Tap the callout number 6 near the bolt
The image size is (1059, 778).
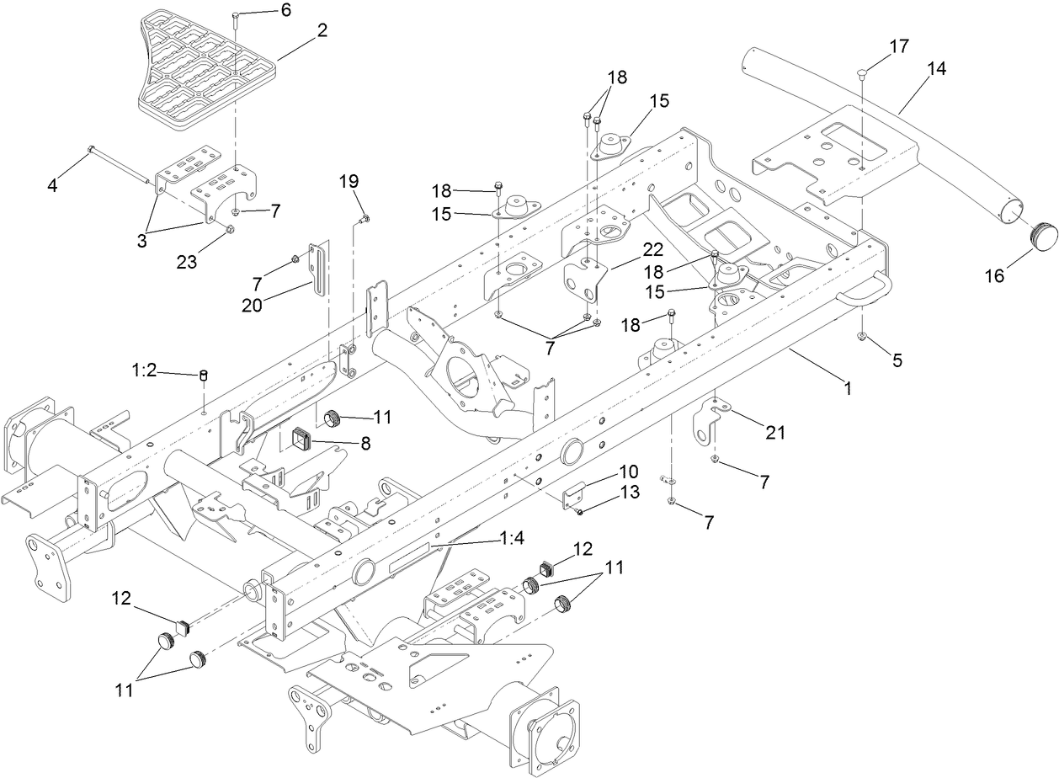[262, 10]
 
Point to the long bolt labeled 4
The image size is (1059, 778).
[118, 164]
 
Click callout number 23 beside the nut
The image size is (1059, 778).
[187, 262]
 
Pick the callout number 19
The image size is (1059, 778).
[349, 180]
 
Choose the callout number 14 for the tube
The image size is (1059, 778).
[937, 69]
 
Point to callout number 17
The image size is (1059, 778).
[899, 45]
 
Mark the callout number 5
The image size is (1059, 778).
[897, 360]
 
